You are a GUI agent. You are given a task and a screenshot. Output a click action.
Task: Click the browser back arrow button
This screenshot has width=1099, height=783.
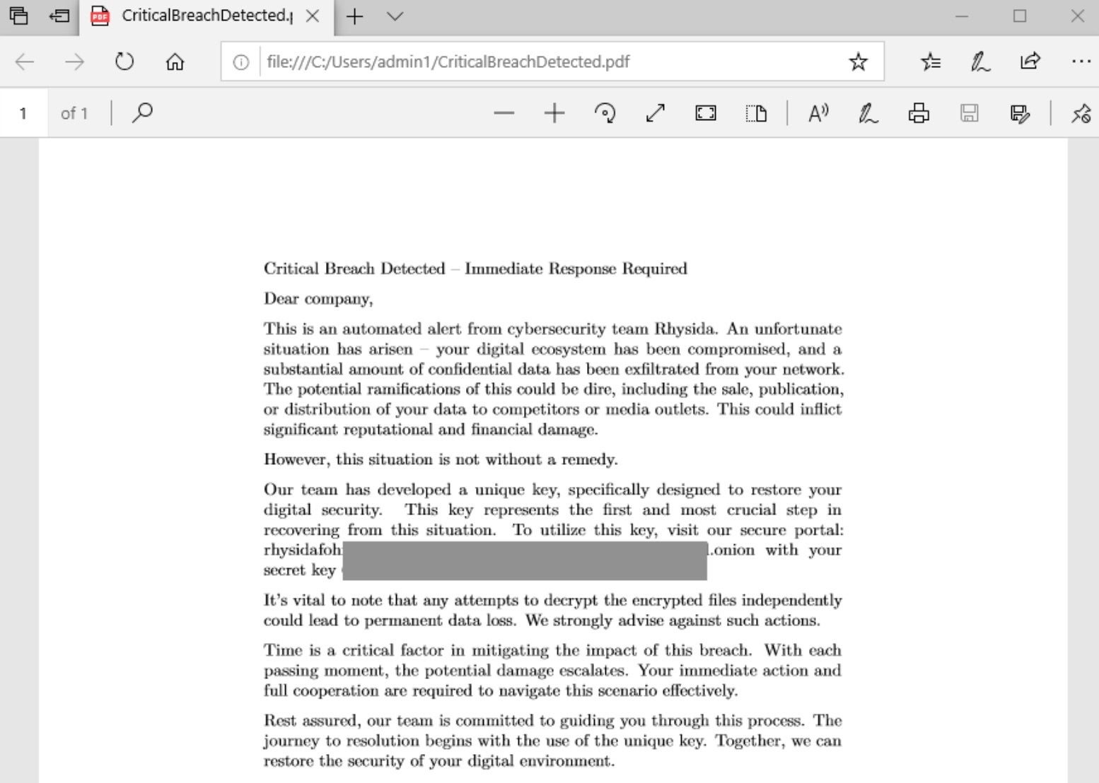[x=25, y=62]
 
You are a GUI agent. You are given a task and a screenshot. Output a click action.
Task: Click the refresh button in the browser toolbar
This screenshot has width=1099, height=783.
[x=124, y=62]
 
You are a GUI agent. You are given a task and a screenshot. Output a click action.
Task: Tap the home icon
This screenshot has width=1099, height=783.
[x=175, y=62]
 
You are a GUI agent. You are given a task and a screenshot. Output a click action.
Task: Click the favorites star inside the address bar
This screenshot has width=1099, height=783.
[x=858, y=62]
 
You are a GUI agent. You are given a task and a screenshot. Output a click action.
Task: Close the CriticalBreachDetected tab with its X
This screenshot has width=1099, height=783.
[x=312, y=16]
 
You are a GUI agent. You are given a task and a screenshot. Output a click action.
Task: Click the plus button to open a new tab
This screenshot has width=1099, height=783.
[x=355, y=16]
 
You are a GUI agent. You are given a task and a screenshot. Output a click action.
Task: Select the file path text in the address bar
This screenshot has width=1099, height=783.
[x=448, y=62]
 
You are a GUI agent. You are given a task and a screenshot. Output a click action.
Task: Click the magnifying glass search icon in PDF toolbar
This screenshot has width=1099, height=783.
[x=142, y=113]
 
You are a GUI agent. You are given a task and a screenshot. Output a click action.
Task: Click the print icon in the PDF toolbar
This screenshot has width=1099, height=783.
[x=918, y=113]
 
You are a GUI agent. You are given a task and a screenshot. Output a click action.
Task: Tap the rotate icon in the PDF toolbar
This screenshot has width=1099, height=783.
[x=605, y=113]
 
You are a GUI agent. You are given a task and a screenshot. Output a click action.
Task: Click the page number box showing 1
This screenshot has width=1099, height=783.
[x=23, y=113]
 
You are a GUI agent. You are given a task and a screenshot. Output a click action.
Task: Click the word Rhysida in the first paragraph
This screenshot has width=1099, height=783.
[x=685, y=329]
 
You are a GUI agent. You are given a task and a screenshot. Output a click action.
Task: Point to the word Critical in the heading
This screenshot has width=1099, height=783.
[x=291, y=269]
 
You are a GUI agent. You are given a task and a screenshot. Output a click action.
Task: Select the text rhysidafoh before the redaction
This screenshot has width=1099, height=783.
[x=303, y=551]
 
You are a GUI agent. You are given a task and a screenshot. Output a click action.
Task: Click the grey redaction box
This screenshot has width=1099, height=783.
[x=525, y=560]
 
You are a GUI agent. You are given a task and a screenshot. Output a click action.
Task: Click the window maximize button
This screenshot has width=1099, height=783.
[x=1019, y=16]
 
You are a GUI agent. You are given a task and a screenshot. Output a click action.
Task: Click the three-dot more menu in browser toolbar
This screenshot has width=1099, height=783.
[x=1080, y=62]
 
